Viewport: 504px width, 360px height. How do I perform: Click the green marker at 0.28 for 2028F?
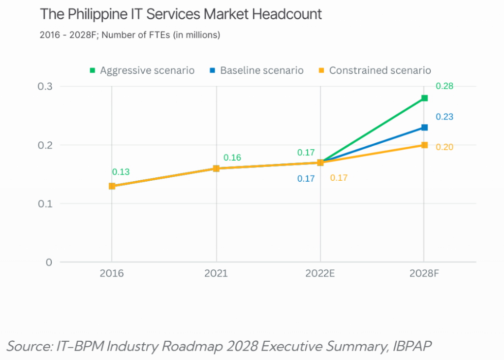click(x=424, y=98)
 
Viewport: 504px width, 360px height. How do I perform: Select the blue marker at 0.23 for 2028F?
click(x=424, y=128)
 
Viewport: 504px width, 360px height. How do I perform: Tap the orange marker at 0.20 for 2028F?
click(x=424, y=145)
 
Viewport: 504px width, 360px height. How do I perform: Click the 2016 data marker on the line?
click(x=112, y=186)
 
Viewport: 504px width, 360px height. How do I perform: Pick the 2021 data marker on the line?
click(x=216, y=168)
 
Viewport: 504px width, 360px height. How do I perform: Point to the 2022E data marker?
click(x=320, y=163)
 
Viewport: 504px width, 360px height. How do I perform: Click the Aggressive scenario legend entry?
click(x=142, y=70)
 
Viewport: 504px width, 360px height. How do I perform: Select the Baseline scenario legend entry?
click(x=257, y=70)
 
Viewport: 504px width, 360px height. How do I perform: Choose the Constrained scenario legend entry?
click(x=375, y=70)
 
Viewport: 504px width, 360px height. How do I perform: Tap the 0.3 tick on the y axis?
click(x=45, y=87)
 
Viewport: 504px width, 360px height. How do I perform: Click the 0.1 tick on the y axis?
click(x=45, y=203)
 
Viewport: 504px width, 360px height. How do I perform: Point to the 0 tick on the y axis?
click(x=49, y=262)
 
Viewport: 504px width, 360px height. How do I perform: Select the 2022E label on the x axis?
click(x=320, y=273)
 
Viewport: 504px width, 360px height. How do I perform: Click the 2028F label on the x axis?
click(x=424, y=273)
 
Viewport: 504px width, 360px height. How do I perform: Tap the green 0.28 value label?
click(x=444, y=87)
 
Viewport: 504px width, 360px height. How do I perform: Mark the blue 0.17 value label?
click(x=306, y=179)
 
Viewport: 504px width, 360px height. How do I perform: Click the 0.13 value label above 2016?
click(x=121, y=172)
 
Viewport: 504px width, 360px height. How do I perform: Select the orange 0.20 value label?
click(x=444, y=147)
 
